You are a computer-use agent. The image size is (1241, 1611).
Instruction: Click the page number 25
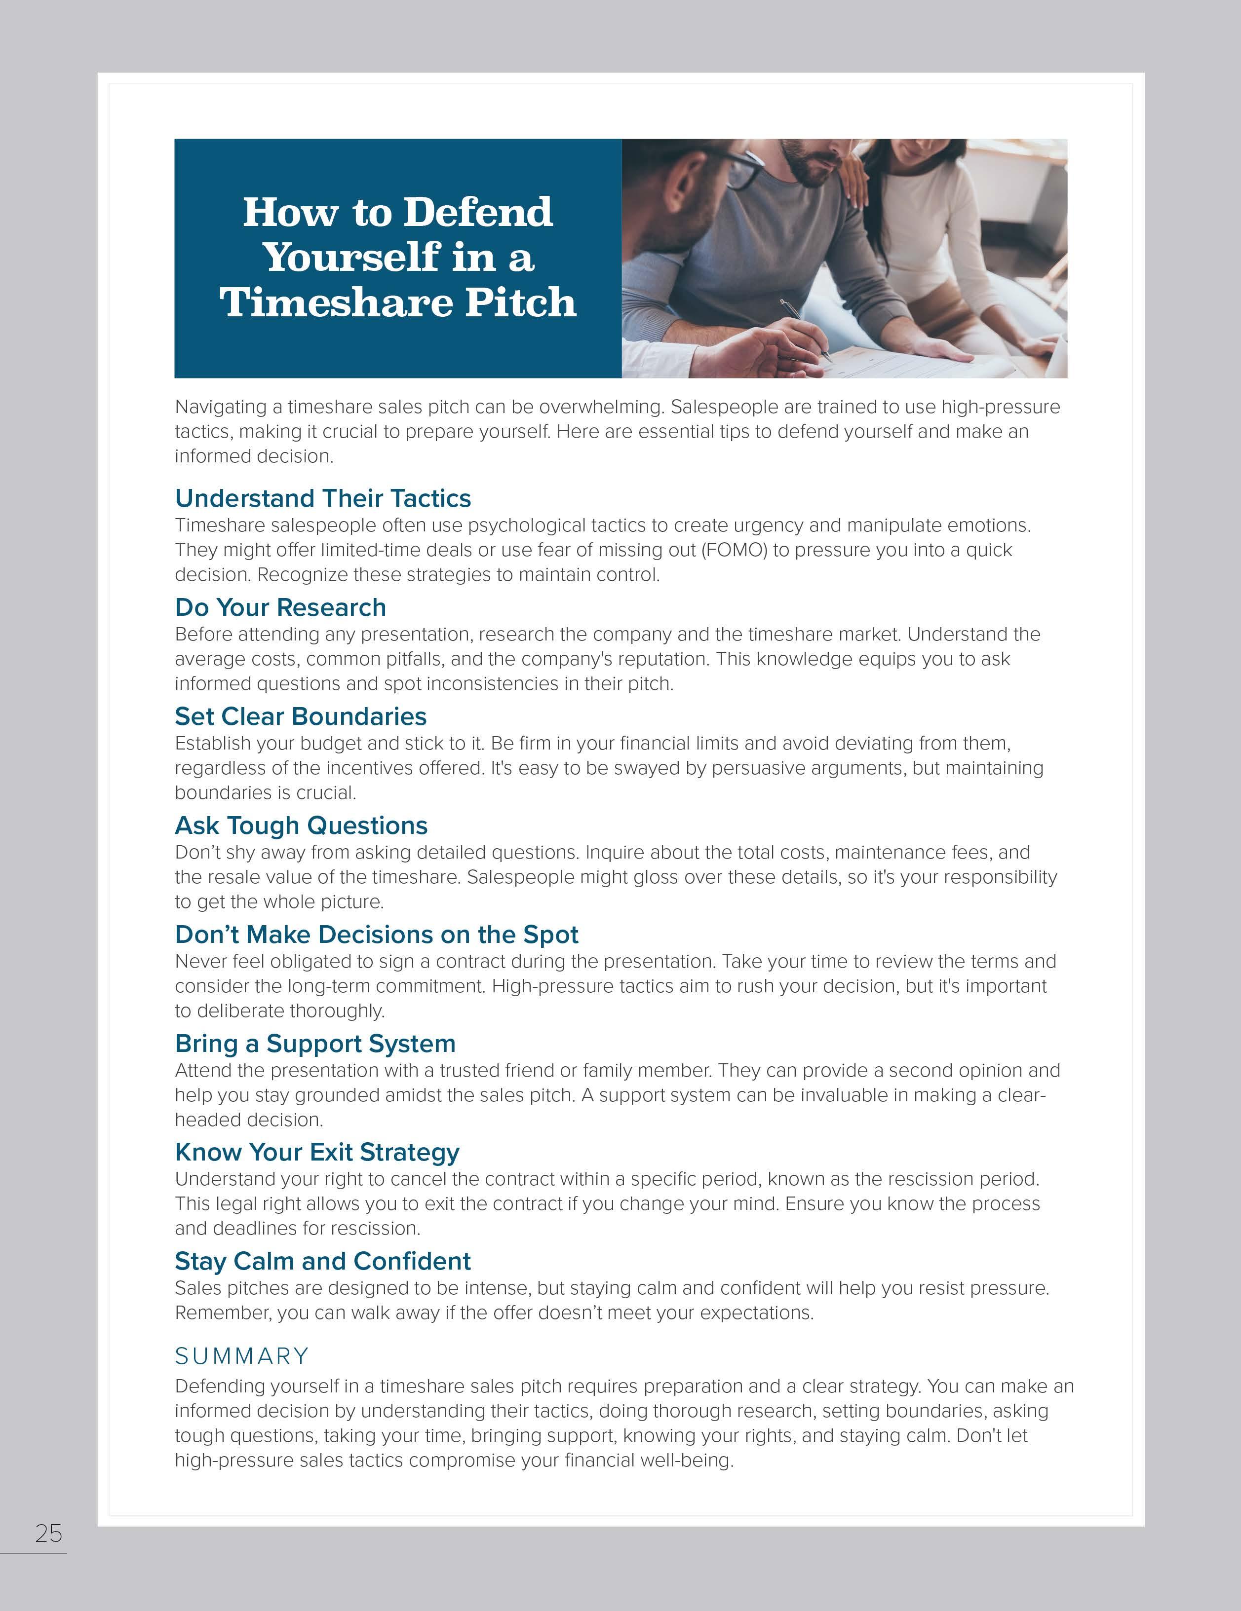[49, 1534]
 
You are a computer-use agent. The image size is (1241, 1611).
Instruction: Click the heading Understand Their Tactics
[322, 499]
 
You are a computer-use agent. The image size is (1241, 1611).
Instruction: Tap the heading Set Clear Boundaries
[300, 716]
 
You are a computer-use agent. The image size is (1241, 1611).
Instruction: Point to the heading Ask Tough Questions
[301, 825]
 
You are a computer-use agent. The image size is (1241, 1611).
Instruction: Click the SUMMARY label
[242, 1356]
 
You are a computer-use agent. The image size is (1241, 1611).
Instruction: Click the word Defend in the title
[477, 213]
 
